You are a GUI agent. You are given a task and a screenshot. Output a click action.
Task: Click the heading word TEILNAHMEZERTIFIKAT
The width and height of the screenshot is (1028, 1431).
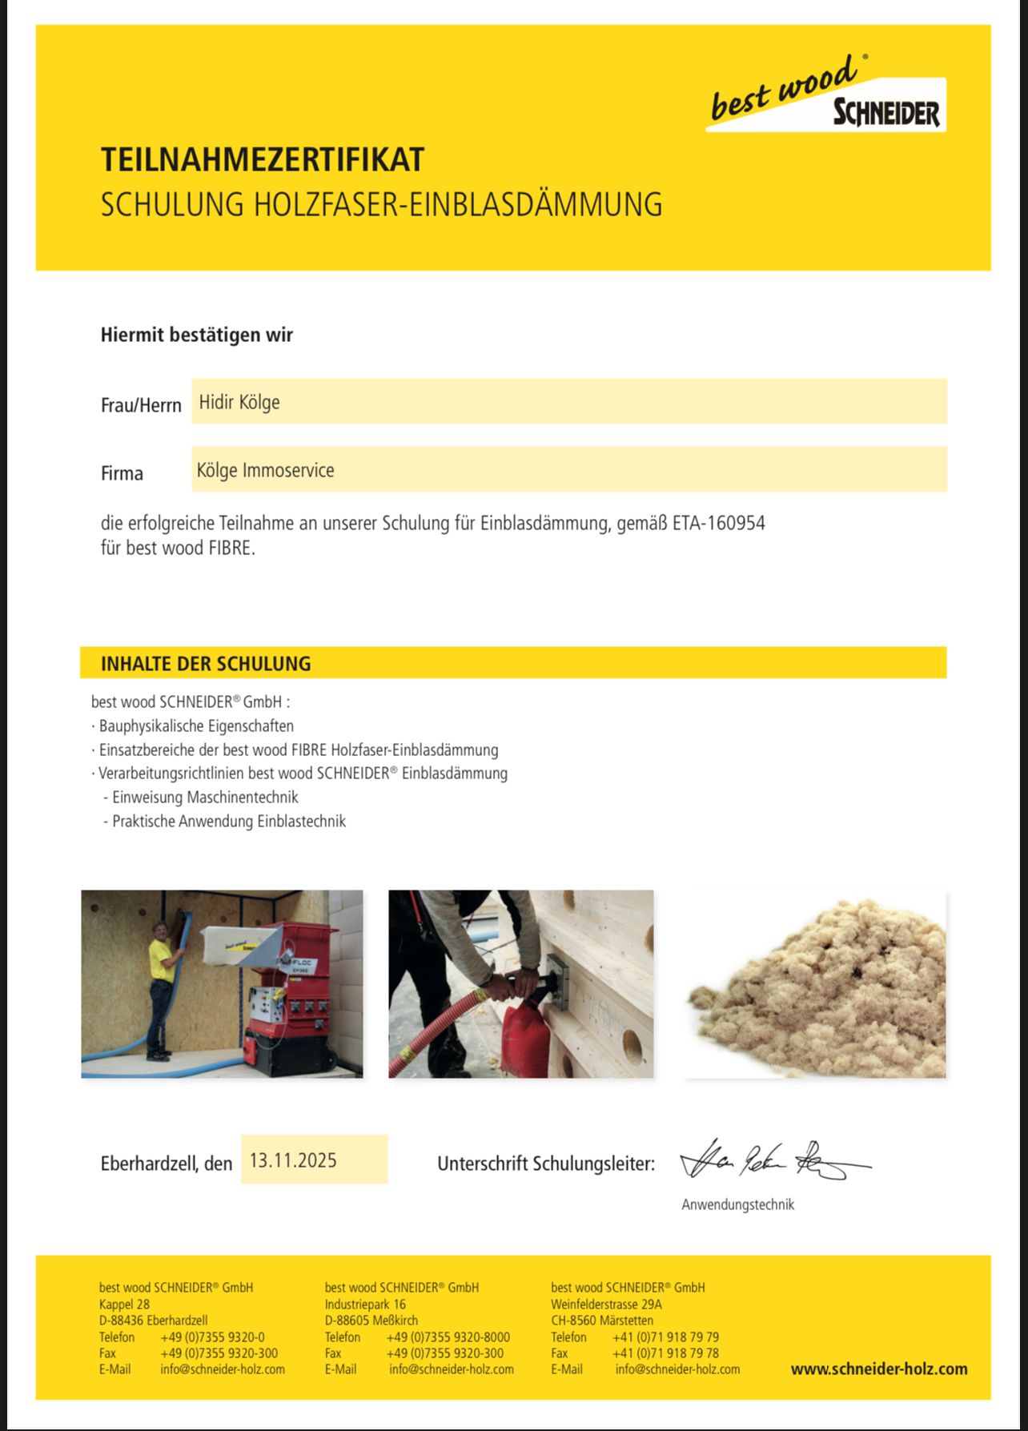[263, 160]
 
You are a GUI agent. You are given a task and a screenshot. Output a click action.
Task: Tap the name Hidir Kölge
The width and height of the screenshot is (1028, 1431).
[239, 402]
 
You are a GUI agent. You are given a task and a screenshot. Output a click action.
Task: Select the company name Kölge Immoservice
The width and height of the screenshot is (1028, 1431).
[265, 470]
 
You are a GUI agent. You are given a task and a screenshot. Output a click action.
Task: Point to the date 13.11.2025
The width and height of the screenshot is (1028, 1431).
[293, 1160]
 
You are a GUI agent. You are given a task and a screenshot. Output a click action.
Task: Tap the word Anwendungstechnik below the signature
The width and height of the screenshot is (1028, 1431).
[737, 1204]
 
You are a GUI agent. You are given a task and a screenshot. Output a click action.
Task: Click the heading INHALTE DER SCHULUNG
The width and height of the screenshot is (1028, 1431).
[206, 664]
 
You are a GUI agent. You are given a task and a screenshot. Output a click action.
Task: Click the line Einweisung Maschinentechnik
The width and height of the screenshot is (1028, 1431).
[205, 798]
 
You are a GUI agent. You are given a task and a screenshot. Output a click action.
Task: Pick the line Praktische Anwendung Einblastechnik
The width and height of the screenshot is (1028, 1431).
[229, 822]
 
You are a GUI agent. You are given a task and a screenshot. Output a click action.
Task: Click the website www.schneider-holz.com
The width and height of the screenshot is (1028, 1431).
[879, 1369]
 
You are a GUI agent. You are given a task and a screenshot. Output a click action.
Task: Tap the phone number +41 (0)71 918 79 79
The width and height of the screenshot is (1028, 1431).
[665, 1337]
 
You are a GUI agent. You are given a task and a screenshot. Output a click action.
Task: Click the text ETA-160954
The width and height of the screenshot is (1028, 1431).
[719, 524]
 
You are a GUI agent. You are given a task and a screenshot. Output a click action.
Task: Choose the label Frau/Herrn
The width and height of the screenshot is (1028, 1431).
[141, 405]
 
